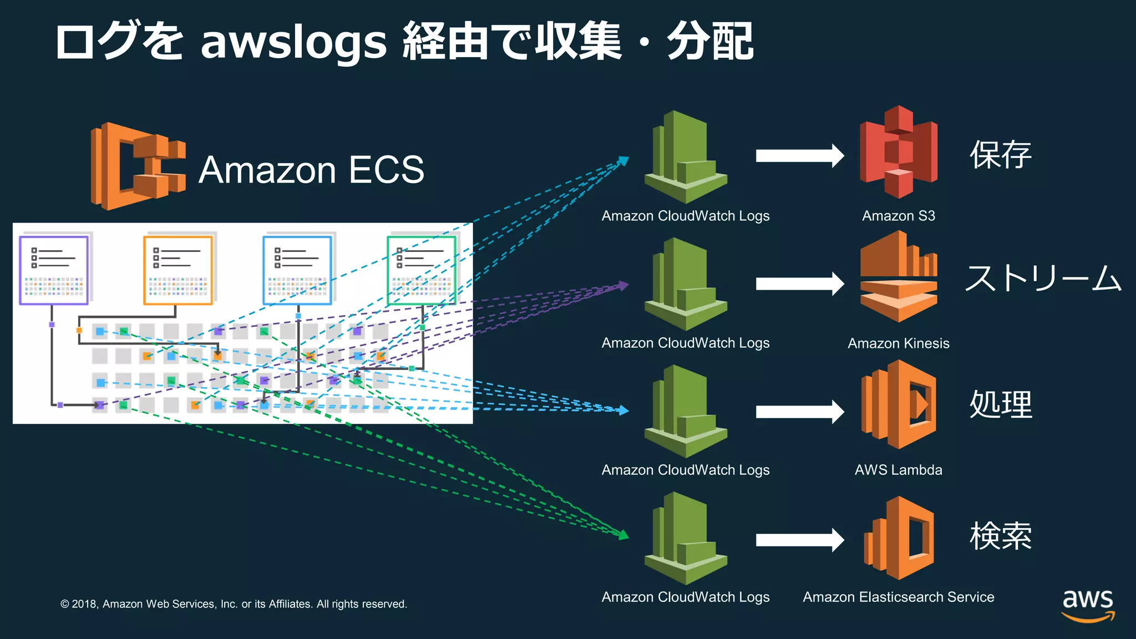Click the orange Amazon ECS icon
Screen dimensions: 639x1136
[x=138, y=166]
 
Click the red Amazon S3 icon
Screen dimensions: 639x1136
[x=899, y=153]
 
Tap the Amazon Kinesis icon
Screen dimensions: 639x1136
[x=899, y=277]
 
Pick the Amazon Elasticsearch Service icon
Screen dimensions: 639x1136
[x=899, y=538]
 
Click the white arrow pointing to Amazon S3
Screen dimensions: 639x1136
[x=799, y=155]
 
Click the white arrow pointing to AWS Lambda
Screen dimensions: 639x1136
[x=799, y=412]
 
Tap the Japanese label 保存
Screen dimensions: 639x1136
[x=1000, y=155]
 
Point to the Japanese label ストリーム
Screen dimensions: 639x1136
[x=1043, y=278]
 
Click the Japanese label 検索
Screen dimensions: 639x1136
[x=1000, y=536]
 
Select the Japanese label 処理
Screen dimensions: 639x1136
[x=1000, y=404]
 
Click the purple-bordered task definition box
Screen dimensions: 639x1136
[x=54, y=270]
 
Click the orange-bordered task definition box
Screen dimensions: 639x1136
[x=178, y=270]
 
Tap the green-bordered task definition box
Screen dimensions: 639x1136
[x=422, y=270]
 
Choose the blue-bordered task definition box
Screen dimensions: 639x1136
[x=297, y=270]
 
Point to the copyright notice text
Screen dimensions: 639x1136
[x=234, y=604]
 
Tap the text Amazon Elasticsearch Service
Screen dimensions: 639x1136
[x=898, y=597]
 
